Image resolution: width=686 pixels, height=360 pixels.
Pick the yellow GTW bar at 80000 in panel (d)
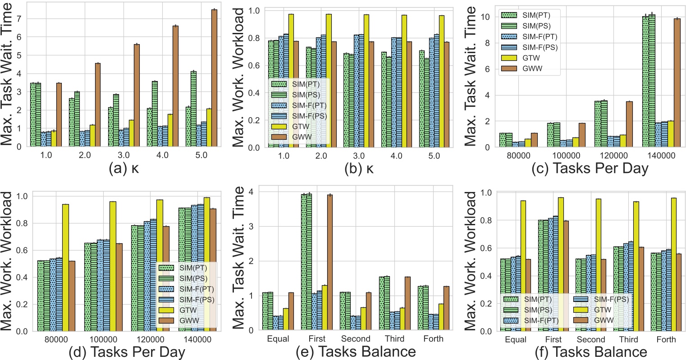pyautogui.click(x=65, y=268)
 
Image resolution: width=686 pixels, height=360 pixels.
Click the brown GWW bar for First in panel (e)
pyautogui.click(x=330, y=262)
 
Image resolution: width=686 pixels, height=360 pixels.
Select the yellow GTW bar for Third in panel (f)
pyautogui.click(x=636, y=266)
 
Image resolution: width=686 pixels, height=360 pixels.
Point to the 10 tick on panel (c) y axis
pyautogui.click(x=485, y=17)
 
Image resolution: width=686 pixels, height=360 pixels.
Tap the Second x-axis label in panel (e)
pyautogui.click(x=356, y=339)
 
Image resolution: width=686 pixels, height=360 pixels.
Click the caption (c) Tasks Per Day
pyautogui.click(x=578, y=169)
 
